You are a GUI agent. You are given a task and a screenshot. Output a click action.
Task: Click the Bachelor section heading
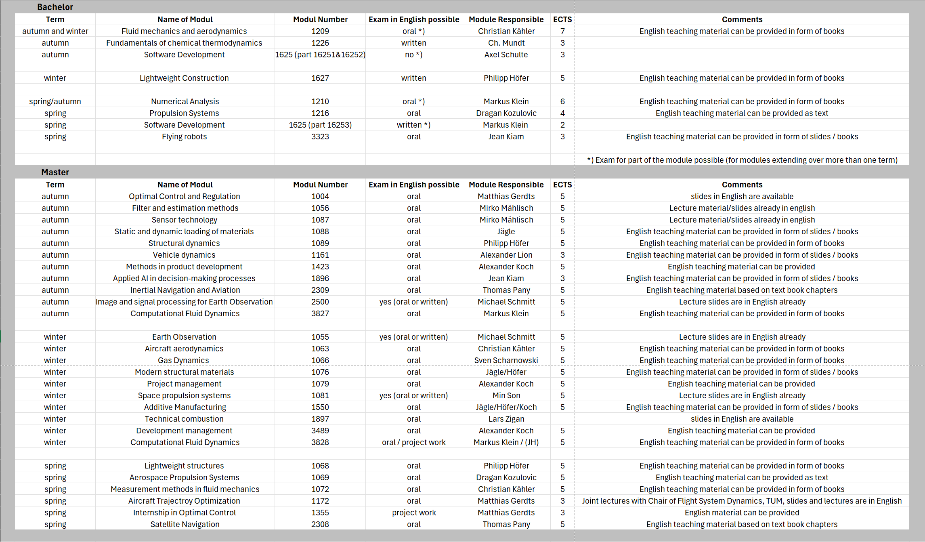[55, 7]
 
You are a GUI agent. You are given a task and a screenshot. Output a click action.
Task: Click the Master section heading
[55, 172]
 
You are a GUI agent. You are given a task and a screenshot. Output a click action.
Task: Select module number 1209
[320, 31]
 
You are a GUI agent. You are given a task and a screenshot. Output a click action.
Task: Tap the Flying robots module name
[184, 137]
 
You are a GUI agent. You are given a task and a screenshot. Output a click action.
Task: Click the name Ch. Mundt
[506, 43]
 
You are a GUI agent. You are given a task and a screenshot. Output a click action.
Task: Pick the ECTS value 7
[562, 31]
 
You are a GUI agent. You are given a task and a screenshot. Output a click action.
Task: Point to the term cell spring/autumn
[55, 101]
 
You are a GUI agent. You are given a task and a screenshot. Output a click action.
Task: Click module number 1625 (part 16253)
[320, 125]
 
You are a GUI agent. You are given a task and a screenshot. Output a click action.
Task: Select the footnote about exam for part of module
[742, 160]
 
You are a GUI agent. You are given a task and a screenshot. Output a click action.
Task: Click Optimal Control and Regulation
[184, 196]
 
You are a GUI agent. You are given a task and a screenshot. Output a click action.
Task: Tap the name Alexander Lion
[506, 255]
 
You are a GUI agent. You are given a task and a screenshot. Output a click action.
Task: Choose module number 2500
[320, 302]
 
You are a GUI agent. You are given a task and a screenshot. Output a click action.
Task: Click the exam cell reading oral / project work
[413, 442]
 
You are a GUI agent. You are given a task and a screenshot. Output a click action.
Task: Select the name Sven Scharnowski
[506, 360]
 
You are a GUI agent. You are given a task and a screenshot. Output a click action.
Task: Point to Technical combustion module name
[184, 419]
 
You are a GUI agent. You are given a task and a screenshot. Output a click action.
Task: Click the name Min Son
[506, 395]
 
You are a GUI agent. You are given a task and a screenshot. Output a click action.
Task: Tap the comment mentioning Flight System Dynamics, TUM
[742, 501]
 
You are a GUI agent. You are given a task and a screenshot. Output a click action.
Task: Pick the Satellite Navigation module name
[185, 524]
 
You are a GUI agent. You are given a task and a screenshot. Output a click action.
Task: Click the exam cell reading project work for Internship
[413, 513]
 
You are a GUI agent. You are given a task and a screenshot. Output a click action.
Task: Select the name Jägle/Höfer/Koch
[506, 407]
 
